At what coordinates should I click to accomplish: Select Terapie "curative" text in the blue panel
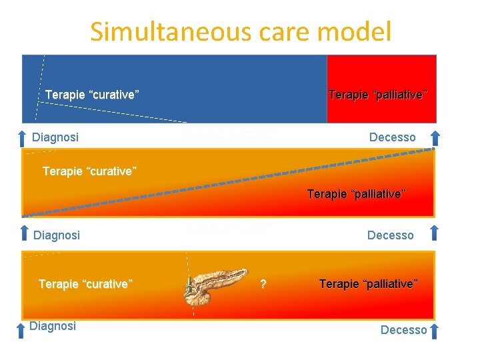point(92,95)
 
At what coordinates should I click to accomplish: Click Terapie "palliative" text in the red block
point(378,95)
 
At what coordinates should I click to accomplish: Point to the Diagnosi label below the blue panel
point(55,137)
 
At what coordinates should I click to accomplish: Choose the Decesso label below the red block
point(392,137)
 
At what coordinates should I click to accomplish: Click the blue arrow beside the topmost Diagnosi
point(23,138)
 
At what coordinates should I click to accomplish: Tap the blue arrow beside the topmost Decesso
point(435,138)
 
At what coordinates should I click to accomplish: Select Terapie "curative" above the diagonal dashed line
point(89,171)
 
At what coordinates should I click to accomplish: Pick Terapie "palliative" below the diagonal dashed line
point(356,194)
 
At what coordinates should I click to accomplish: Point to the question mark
point(263,285)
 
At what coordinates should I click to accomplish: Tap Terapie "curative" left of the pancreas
point(86,284)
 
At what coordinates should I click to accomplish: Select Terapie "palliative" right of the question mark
point(369,284)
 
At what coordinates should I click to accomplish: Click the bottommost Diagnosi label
point(53,325)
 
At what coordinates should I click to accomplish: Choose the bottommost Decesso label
point(403,329)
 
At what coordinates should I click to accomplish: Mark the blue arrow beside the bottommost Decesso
point(435,331)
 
